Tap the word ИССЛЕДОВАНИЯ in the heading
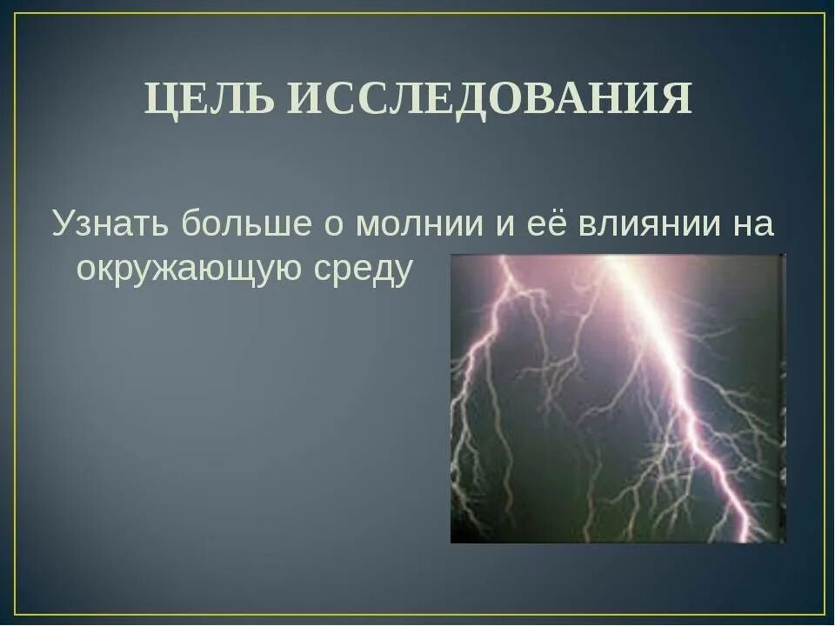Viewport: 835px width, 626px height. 489,98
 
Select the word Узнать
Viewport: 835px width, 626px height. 110,224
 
